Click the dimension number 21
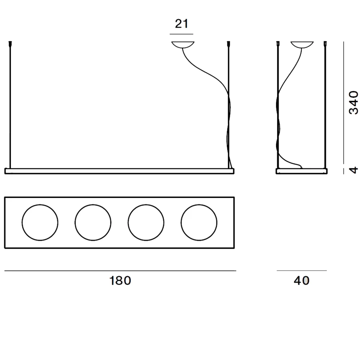coord(181,24)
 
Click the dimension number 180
coord(120,280)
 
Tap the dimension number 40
coord(301,280)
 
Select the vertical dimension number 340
coord(353,102)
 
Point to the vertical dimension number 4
coord(353,170)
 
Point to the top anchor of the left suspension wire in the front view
coord(10,43)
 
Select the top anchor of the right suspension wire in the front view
coord(229,43)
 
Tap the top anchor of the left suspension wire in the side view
coord(278,43)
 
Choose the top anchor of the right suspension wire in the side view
coord(325,43)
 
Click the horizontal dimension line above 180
coord(120,271)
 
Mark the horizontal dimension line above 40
coord(302,270)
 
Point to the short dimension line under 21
coord(181,34)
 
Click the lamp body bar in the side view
coord(302,171)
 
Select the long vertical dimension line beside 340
coord(344,103)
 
